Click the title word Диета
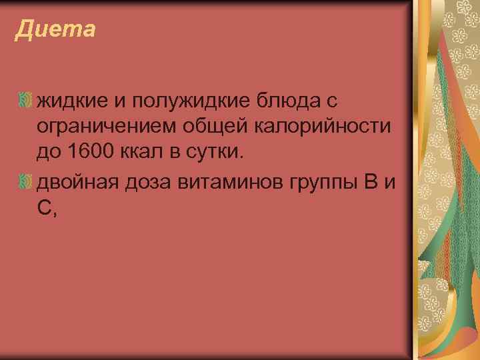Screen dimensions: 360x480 (55, 30)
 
